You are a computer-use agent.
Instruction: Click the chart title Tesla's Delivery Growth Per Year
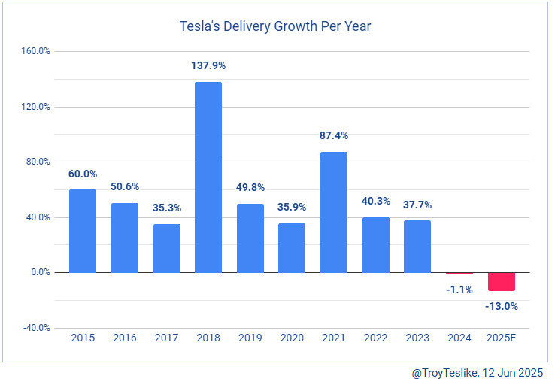point(275,27)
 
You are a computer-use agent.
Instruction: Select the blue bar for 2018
point(208,177)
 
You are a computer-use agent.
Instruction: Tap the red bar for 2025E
point(501,281)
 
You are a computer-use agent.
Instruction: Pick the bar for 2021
point(334,212)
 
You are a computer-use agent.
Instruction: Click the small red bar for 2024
point(459,273)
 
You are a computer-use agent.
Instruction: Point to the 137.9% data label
point(208,66)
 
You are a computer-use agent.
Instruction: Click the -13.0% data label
point(501,306)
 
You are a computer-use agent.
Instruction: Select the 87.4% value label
point(334,136)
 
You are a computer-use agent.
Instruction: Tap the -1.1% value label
point(459,290)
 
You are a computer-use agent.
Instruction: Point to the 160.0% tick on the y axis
point(35,52)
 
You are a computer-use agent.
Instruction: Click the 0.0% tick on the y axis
point(40,273)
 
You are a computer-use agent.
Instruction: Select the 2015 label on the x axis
point(83,339)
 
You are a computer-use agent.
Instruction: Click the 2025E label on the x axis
point(501,339)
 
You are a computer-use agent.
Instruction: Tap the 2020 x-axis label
point(292,339)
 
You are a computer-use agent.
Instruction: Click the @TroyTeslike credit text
point(478,372)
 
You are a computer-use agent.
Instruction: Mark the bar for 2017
point(166,248)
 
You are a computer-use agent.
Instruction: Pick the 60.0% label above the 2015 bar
point(83,174)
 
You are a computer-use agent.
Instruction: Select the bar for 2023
point(417,247)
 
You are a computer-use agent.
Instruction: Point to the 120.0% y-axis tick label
point(35,107)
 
